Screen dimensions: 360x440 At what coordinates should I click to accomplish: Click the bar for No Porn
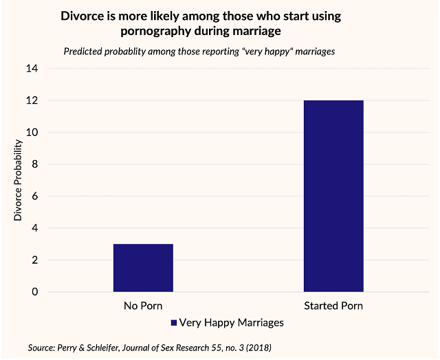coord(143,268)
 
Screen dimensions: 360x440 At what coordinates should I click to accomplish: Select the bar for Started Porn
coord(333,196)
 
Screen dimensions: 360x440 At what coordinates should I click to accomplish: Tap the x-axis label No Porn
coord(143,306)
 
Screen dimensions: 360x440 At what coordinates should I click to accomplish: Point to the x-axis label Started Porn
coord(333,306)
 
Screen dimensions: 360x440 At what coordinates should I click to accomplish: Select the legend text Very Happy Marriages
coord(230,322)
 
